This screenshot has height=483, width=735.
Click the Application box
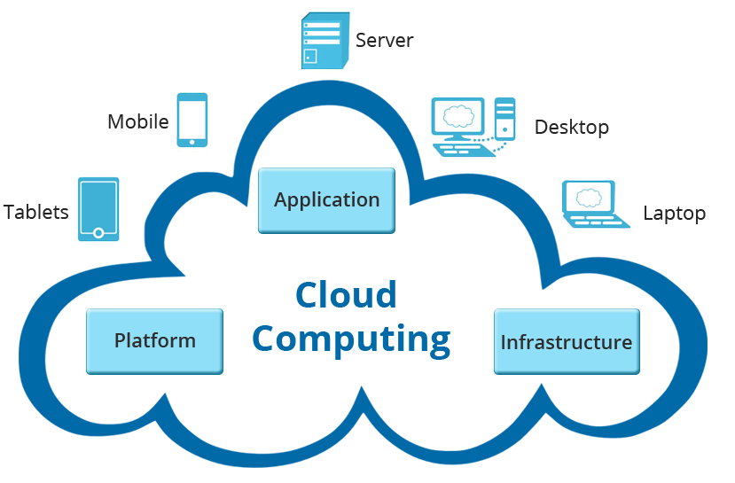(x=326, y=200)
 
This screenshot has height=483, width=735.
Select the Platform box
(x=154, y=341)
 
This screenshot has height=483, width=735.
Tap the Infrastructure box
(x=566, y=342)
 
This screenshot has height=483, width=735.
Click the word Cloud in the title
(x=346, y=295)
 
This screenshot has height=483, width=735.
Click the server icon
(x=322, y=40)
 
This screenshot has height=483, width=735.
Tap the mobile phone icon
(x=192, y=120)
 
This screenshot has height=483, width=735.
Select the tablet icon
(x=98, y=209)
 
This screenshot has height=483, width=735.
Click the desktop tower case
(x=504, y=120)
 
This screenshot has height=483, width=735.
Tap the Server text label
(x=384, y=40)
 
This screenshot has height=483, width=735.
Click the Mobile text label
(x=137, y=121)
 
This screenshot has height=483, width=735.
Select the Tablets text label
(x=36, y=212)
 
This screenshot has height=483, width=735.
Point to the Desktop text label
(x=571, y=128)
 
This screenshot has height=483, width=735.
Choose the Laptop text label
(x=674, y=214)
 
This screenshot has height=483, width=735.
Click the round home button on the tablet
(x=98, y=233)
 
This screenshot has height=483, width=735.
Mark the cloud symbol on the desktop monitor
(x=457, y=114)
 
